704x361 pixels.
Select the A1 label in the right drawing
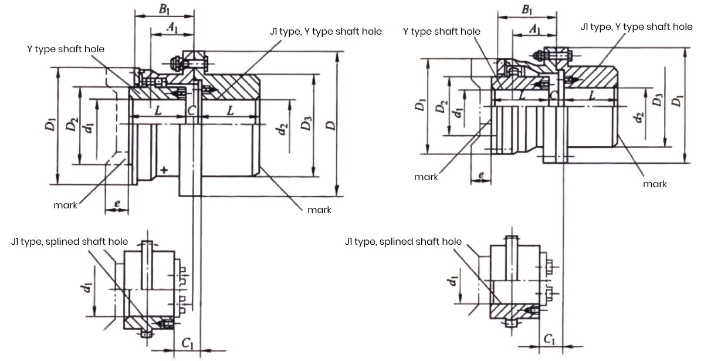(534, 29)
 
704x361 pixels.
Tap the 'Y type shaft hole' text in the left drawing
(66, 49)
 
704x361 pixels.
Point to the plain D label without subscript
(332, 124)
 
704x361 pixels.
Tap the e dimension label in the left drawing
(118, 203)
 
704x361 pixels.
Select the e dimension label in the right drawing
(481, 175)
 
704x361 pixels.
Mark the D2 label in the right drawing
(442, 107)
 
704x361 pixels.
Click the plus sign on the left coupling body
(164, 170)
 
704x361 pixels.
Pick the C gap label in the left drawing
(191, 110)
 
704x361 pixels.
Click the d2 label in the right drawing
(639, 119)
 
